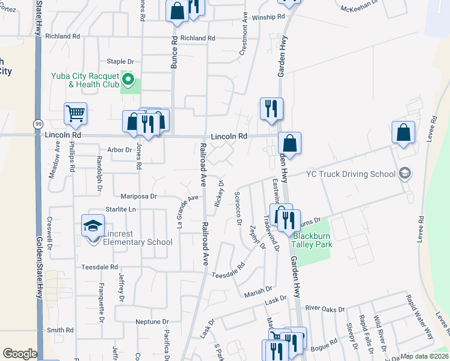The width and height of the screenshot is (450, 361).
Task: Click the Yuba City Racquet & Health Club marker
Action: (128, 79)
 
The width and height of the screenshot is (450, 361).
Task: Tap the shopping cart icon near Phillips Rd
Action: (75, 113)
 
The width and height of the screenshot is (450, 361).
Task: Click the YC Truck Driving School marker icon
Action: (405, 174)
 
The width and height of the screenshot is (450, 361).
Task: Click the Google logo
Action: (20, 354)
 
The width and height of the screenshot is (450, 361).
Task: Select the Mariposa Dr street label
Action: (137, 196)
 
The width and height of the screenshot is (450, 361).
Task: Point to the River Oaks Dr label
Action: (325, 309)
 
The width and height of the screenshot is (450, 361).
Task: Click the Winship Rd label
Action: (268, 17)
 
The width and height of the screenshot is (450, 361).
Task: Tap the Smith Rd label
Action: (60, 330)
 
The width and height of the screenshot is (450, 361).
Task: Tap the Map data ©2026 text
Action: (424, 356)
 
